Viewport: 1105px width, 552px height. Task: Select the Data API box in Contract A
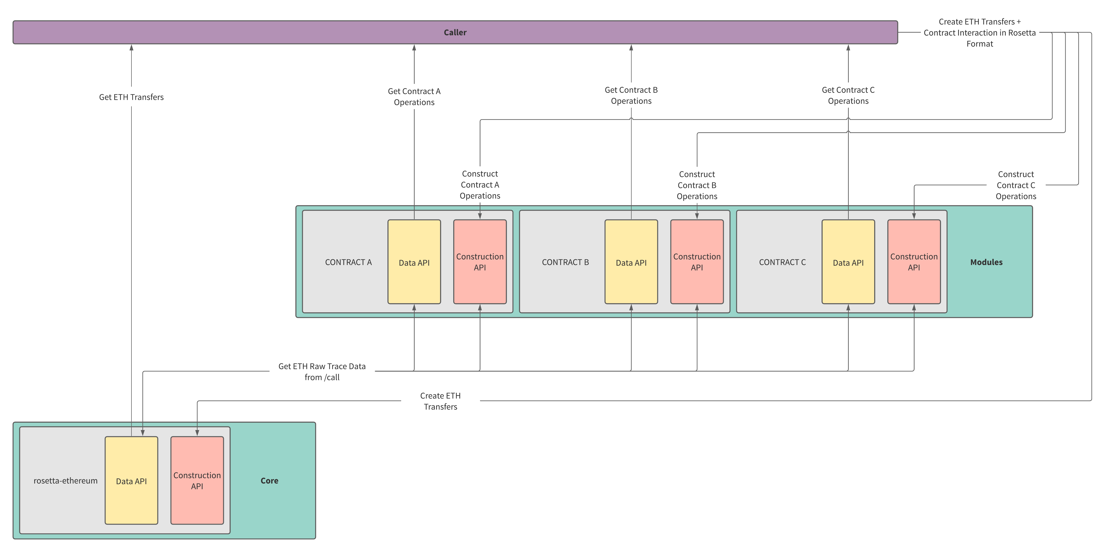tap(414, 262)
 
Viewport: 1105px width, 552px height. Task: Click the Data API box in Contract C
tap(848, 262)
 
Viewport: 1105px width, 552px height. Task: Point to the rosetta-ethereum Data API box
tap(131, 481)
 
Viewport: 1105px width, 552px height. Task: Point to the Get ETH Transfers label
tap(131, 97)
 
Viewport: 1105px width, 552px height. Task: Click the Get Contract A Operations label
tap(414, 97)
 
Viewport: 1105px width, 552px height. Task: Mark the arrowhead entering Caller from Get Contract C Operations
tap(848, 48)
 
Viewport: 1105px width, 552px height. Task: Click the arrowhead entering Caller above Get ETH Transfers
tap(131, 48)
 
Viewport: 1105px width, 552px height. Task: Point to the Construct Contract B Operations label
tap(697, 185)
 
